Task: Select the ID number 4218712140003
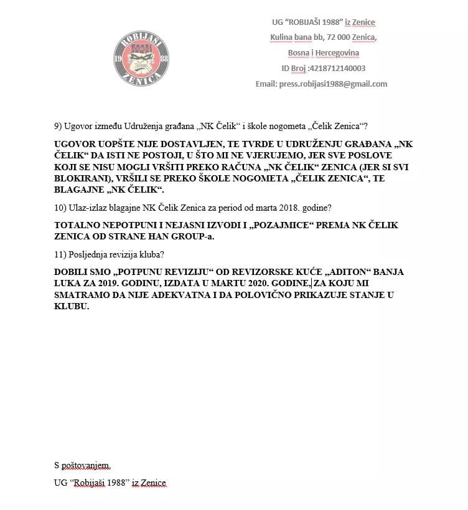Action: tap(334, 69)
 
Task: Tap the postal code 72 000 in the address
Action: tap(328, 37)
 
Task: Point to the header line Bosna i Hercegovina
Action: tap(323, 53)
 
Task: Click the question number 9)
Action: tap(59, 126)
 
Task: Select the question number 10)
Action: tap(61, 206)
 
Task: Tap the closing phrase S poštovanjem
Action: tap(82, 465)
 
